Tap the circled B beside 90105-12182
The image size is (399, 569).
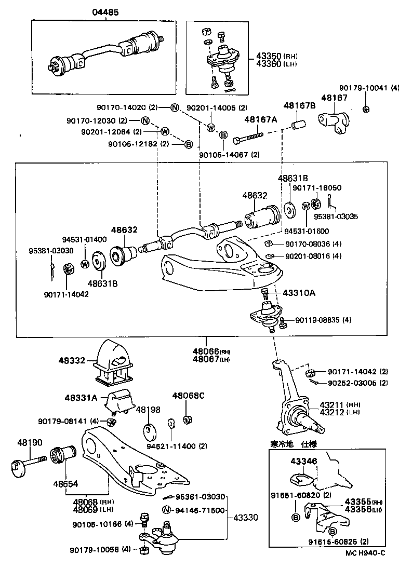(x=189, y=144)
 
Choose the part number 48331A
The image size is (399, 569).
(x=81, y=398)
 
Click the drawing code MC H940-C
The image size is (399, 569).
(x=365, y=552)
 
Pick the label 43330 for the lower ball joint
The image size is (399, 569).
(x=245, y=518)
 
